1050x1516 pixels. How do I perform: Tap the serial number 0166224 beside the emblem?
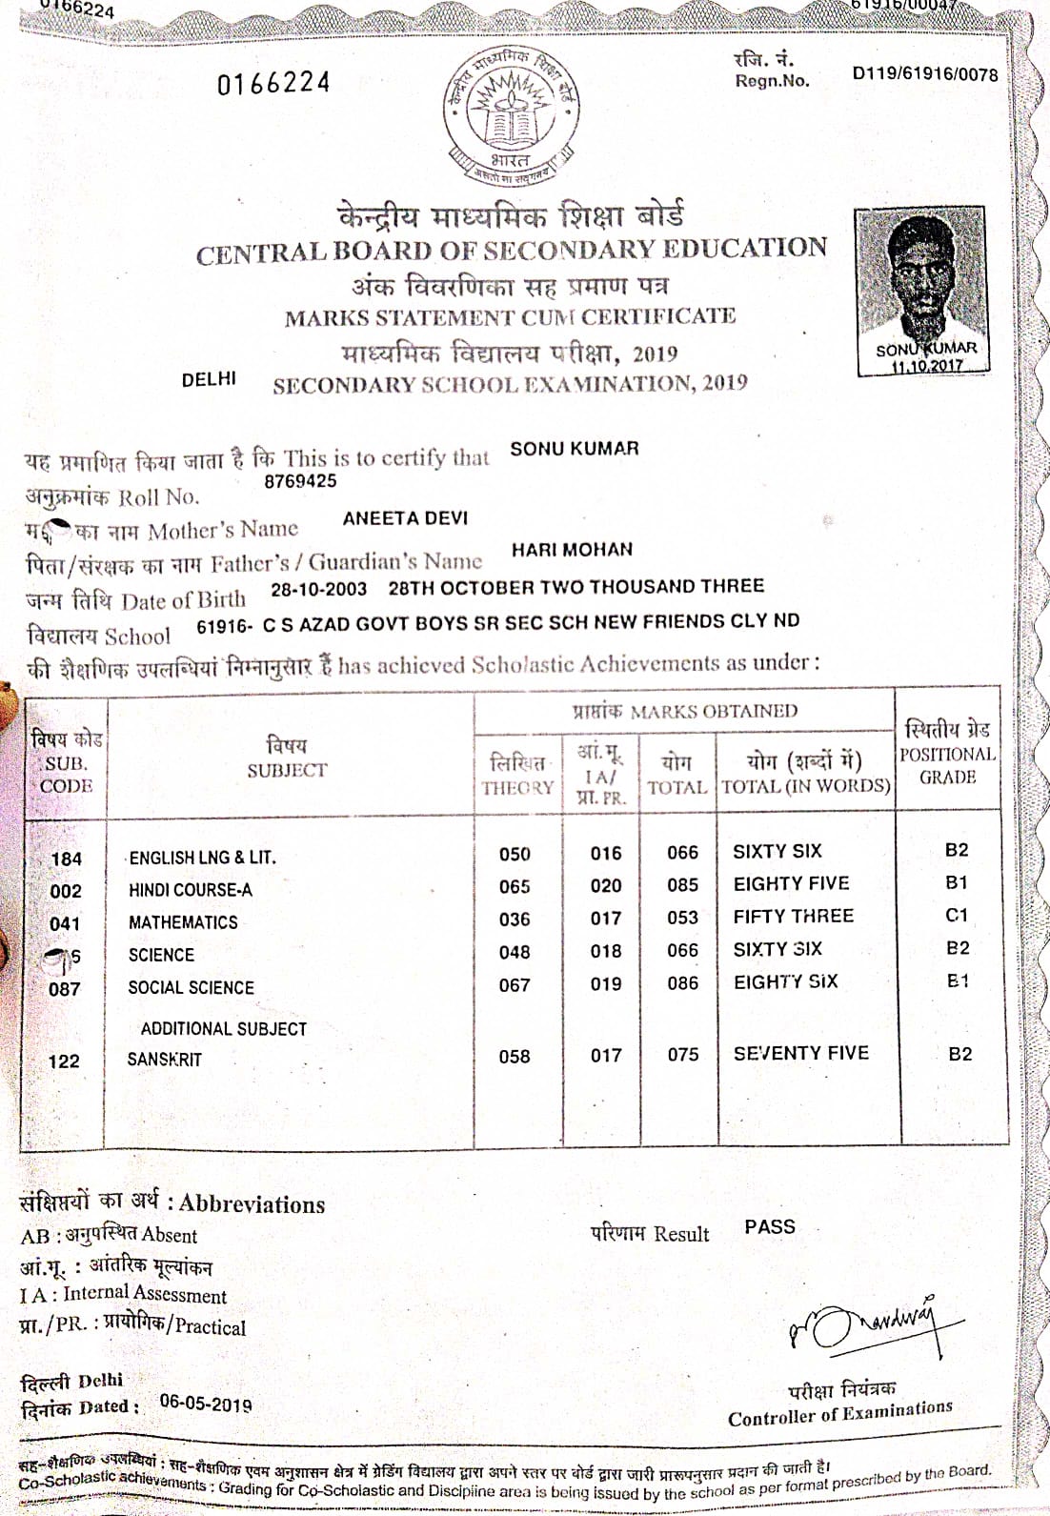(273, 84)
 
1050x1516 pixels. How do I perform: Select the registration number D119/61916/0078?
(924, 73)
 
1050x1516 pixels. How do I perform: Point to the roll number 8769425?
(300, 481)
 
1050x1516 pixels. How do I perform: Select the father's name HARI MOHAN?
(572, 550)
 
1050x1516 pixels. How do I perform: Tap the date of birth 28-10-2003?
(318, 589)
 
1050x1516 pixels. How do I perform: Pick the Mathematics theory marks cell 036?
(515, 920)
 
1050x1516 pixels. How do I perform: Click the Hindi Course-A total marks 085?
(682, 886)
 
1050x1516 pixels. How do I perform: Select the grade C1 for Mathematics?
(957, 916)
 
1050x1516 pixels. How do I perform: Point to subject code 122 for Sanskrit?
(64, 1061)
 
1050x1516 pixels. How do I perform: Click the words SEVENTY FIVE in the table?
(800, 1053)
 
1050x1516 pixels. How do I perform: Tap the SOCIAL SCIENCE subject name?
(191, 988)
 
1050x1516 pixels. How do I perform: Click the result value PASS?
(770, 1227)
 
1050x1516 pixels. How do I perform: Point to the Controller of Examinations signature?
(862, 1324)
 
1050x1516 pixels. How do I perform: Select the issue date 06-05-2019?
(206, 1405)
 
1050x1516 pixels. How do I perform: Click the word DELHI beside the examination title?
(209, 379)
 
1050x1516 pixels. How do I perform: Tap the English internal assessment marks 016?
(605, 854)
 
